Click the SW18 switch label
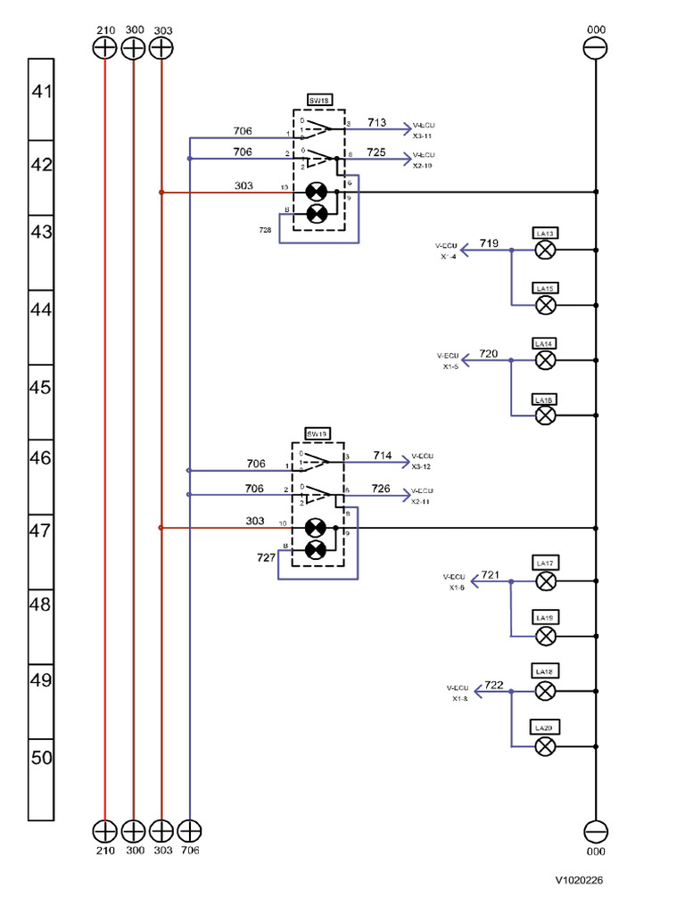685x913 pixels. (x=318, y=102)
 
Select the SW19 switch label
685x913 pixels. (x=318, y=433)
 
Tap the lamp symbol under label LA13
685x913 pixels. (x=545, y=251)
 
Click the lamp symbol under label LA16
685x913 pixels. (x=545, y=415)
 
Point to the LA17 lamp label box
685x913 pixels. (x=545, y=563)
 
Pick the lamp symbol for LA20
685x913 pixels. (x=545, y=746)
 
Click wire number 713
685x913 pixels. (x=376, y=122)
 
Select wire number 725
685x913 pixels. (x=376, y=152)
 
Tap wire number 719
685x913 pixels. (x=489, y=243)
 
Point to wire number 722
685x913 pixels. (x=493, y=685)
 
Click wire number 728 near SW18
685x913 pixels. (x=266, y=230)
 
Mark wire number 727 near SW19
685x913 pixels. (x=266, y=556)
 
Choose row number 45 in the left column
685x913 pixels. (x=42, y=388)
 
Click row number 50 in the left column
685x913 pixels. (x=42, y=758)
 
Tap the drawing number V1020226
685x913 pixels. (x=580, y=880)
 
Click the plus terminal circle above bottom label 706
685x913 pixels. (x=189, y=831)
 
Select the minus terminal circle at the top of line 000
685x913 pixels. (x=595, y=48)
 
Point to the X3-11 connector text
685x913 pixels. (x=423, y=136)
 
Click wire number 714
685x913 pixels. (x=382, y=455)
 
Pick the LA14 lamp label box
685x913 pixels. (x=545, y=343)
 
